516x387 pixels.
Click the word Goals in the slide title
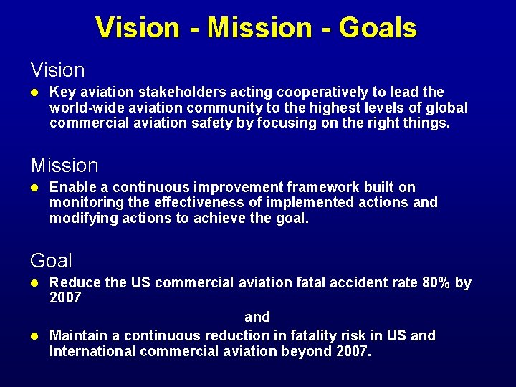coord(378,27)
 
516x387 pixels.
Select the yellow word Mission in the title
coord(259,27)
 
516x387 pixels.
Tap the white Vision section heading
coord(57,70)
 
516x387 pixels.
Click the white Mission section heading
coord(64,166)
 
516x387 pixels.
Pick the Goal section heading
coord(51,260)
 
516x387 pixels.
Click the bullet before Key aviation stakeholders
coord(34,92)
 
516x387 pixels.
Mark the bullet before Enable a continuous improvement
coord(34,187)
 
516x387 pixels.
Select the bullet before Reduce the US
coord(34,282)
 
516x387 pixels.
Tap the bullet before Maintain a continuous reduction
coord(34,335)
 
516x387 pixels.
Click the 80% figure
coord(436,282)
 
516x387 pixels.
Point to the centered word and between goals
coord(257,317)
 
